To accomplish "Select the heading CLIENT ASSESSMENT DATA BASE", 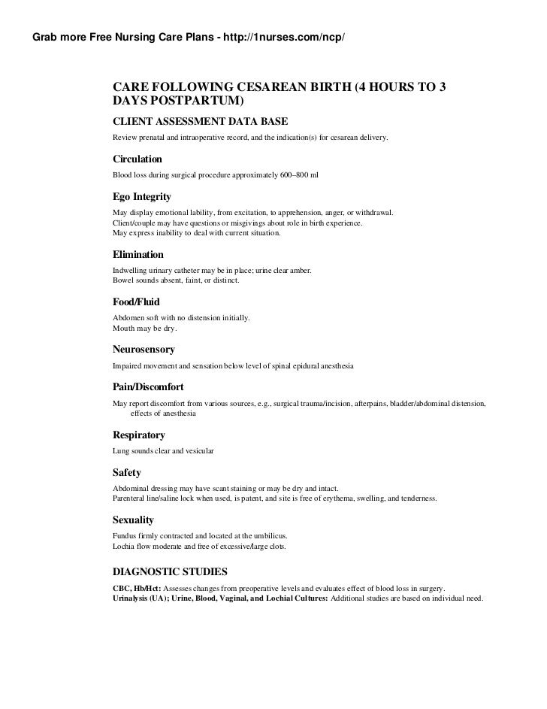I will click(x=200, y=121).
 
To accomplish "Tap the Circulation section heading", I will click(x=137, y=159).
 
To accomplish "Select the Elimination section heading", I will click(x=138, y=255).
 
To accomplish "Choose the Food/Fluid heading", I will click(x=136, y=302).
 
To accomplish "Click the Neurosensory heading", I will click(x=144, y=350).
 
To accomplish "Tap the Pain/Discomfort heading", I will click(x=148, y=388).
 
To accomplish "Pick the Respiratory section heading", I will click(x=138, y=435).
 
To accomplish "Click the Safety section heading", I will click(x=126, y=473).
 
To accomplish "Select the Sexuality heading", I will click(x=133, y=520).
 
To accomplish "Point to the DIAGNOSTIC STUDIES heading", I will click(x=175, y=571).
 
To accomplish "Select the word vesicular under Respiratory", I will click(x=198, y=450).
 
